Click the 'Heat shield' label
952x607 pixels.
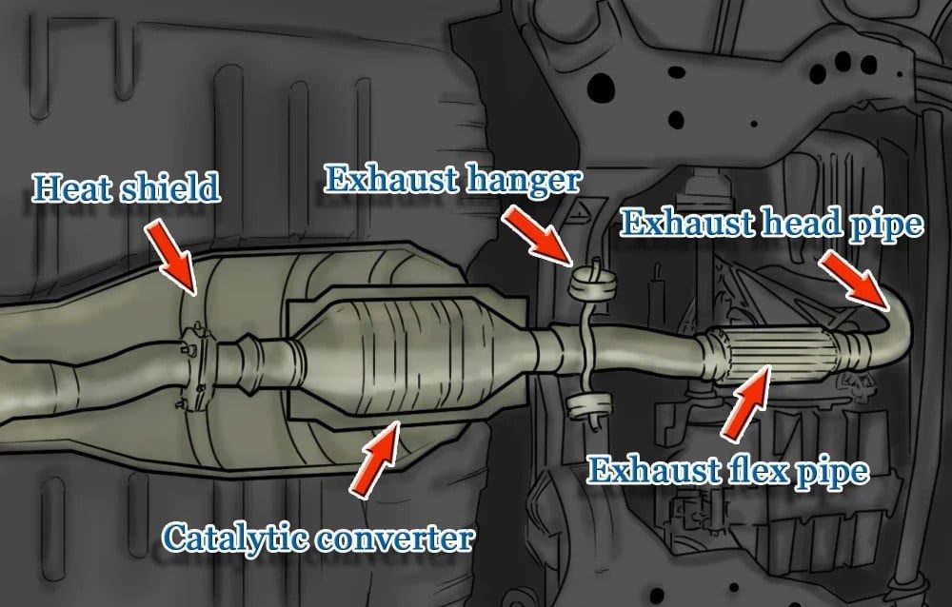click(x=126, y=188)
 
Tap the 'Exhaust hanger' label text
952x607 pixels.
click(x=453, y=180)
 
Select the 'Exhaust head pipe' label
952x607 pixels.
click(x=771, y=225)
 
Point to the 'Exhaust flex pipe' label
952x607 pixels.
click(x=728, y=472)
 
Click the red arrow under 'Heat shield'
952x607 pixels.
click(x=171, y=257)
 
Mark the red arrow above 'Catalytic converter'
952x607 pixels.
click(x=375, y=460)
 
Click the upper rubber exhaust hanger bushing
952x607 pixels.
click(x=592, y=284)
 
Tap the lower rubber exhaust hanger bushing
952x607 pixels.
click(x=588, y=405)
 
